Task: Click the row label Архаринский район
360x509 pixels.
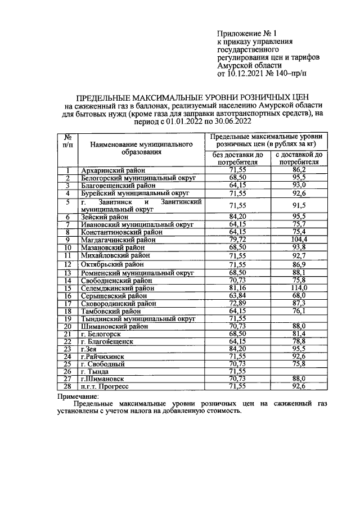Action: pyautogui.click(x=113, y=170)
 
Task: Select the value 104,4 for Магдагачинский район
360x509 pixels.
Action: pyautogui.click(x=299, y=239)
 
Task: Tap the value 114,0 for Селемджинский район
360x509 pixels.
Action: pyautogui.click(x=299, y=287)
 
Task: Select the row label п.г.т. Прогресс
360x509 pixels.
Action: pyautogui.click(x=105, y=387)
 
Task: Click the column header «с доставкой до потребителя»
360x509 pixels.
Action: pyautogui.click(x=299, y=158)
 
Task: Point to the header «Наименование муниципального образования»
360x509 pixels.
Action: pyautogui.click(x=141, y=148)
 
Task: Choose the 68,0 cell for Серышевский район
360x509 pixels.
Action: pyautogui.click(x=299, y=295)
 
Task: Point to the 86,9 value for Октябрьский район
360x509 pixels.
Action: pyautogui.click(x=299, y=264)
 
